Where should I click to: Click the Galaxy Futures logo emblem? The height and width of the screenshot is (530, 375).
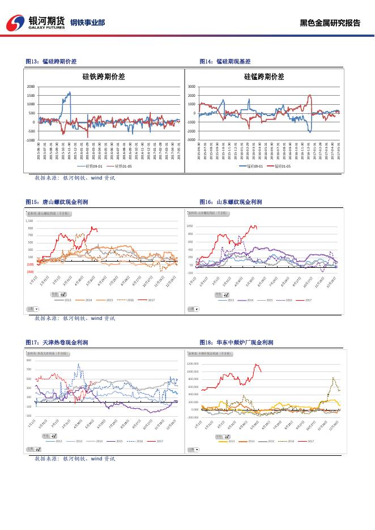[15, 23]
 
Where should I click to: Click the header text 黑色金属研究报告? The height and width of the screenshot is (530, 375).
[330, 23]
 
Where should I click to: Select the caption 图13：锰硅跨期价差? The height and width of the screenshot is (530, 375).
[52, 61]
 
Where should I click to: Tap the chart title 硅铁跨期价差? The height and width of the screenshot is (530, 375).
[103, 76]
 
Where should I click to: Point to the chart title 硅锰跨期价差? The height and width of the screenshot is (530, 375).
[264, 76]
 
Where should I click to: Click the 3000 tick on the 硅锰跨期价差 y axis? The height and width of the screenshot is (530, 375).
[191, 87]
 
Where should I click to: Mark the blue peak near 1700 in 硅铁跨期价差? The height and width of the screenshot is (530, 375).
[69, 92]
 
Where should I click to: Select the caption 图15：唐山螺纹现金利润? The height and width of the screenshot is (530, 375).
[57, 202]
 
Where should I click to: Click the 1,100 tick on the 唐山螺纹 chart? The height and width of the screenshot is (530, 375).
[30, 221]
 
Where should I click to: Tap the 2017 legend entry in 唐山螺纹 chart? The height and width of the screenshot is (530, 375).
[151, 300]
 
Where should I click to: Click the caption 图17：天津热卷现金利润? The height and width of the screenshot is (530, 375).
[57, 343]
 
